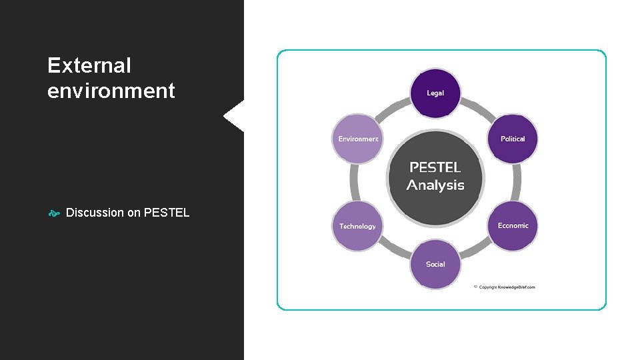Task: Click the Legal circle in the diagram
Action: coord(435,93)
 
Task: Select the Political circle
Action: coord(513,139)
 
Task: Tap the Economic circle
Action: coord(513,225)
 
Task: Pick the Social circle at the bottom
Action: coord(435,264)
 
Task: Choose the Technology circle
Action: coord(357,226)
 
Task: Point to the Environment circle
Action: coord(358,139)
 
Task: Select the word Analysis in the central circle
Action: coord(435,185)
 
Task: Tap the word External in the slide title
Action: coord(89,65)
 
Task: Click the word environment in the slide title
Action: coord(111,90)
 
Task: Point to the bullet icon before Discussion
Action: coord(54,213)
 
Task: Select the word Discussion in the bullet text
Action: coord(95,213)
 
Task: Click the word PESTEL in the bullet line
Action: coord(167,213)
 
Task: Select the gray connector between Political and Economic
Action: coord(517,182)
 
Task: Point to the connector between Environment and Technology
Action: coord(353,182)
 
